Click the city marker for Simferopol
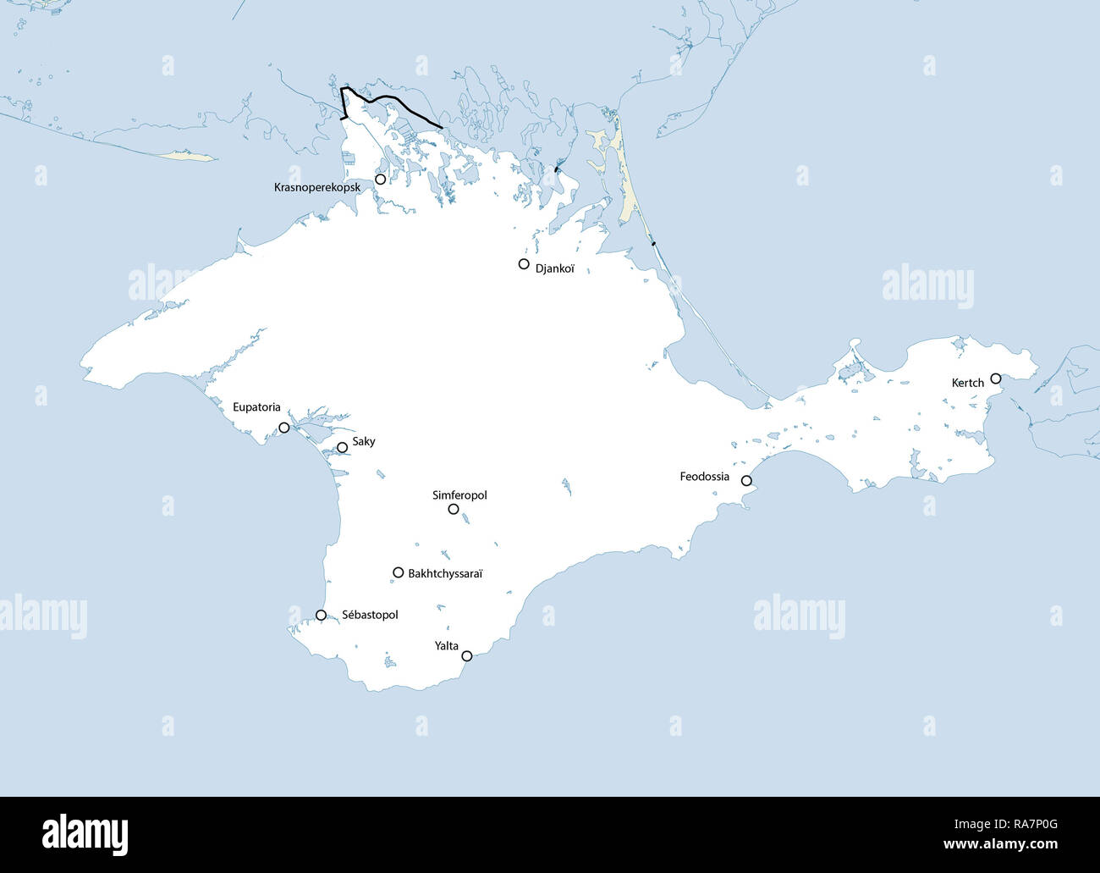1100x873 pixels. pyautogui.click(x=454, y=509)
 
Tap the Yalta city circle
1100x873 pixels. pyautogui.click(x=467, y=655)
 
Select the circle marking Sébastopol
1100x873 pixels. pyautogui.click(x=321, y=615)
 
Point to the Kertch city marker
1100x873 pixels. pyautogui.click(x=996, y=378)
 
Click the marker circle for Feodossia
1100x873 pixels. pyautogui.click(x=746, y=481)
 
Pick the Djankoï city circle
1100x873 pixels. pyautogui.click(x=524, y=264)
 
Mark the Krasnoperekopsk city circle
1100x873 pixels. pyautogui.click(x=381, y=179)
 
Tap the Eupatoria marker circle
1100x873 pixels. pyautogui.click(x=284, y=428)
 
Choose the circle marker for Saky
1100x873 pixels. pyautogui.click(x=342, y=447)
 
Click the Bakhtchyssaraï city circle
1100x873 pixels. pyautogui.click(x=398, y=572)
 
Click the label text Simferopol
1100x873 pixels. pyautogui.click(x=459, y=495)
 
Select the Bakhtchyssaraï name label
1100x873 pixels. pyautogui.click(x=445, y=573)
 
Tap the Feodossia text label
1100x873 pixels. pyautogui.click(x=704, y=477)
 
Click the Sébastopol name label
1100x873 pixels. pyautogui.click(x=370, y=615)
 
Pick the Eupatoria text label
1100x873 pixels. pyautogui.click(x=256, y=407)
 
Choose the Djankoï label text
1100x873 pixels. pyautogui.click(x=555, y=268)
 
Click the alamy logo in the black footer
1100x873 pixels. pyautogui.click(x=85, y=834)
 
